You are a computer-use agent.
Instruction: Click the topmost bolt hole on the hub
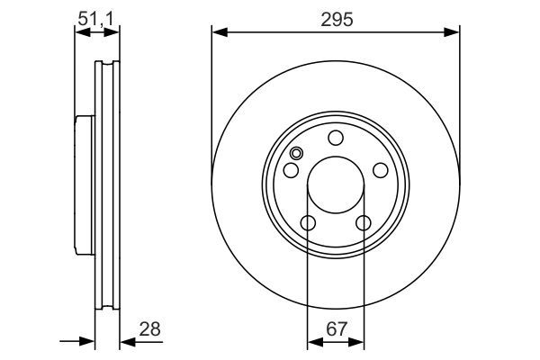coord(336,138)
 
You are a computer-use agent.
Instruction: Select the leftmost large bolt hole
coord(291,170)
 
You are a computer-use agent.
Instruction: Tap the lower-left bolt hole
coord(308,223)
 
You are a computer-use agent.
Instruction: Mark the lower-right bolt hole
coord(364,223)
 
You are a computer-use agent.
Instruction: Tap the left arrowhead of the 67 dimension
coord(312,342)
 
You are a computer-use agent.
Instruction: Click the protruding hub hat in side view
coord(83,185)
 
